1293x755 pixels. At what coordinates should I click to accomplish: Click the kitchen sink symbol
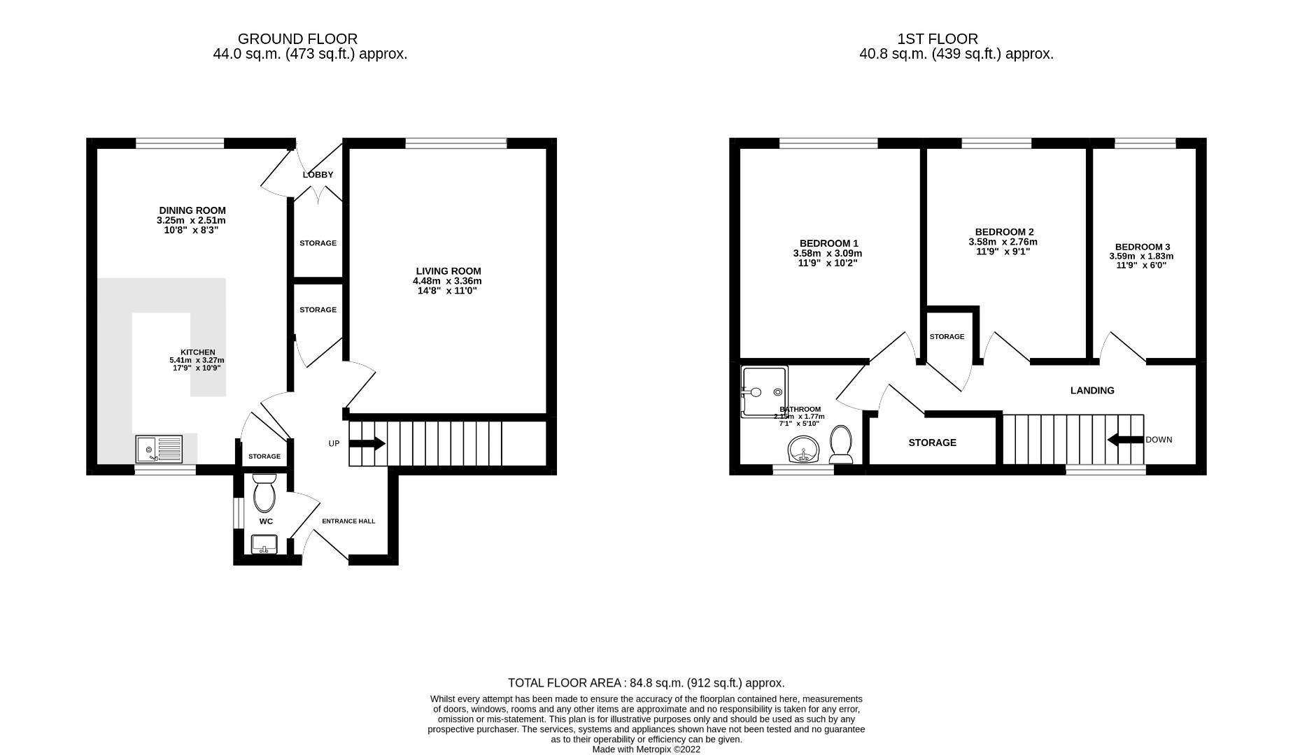pyautogui.click(x=160, y=449)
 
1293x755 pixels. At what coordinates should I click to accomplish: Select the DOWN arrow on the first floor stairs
pyautogui.click(x=1125, y=440)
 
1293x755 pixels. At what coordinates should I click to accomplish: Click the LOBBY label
pyautogui.click(x=318, y=175)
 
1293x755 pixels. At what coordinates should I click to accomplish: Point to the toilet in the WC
pyautogui.click(x=264, y=493)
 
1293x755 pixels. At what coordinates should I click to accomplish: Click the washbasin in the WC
pyautogui.click(x=264, y=544)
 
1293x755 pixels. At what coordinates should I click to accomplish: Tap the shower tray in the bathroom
pyautogui.click(x=764, y=391)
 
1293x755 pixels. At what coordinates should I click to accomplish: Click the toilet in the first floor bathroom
pyautogui.click(x=840, y=445)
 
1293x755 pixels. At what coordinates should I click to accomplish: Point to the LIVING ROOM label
pyautogui.click(x=448, y=271)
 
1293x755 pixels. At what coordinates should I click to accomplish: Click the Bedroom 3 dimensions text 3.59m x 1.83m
pyautogui.click(x=1141, y=257)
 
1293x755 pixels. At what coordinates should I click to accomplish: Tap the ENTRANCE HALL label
pyautogui.click(x=348, y=521)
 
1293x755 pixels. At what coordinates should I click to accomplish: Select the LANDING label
pyautogui.click(x=1092, y=391)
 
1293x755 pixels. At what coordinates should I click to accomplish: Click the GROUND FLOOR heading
pyautogui.click(x=297, y=39)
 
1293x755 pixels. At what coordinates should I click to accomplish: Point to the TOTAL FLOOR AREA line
pyautogui.click(x=646, y=683)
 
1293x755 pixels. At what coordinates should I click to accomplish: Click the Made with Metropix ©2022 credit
pyautogui.click(x=646, y=749)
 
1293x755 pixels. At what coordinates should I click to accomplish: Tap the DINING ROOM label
pyautogui.click(x=192, y=210)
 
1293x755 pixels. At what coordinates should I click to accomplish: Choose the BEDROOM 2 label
pyautogui.click(x=1004, y=232)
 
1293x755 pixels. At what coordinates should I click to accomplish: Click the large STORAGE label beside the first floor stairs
pyautogui.click(x=932, y=443)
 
